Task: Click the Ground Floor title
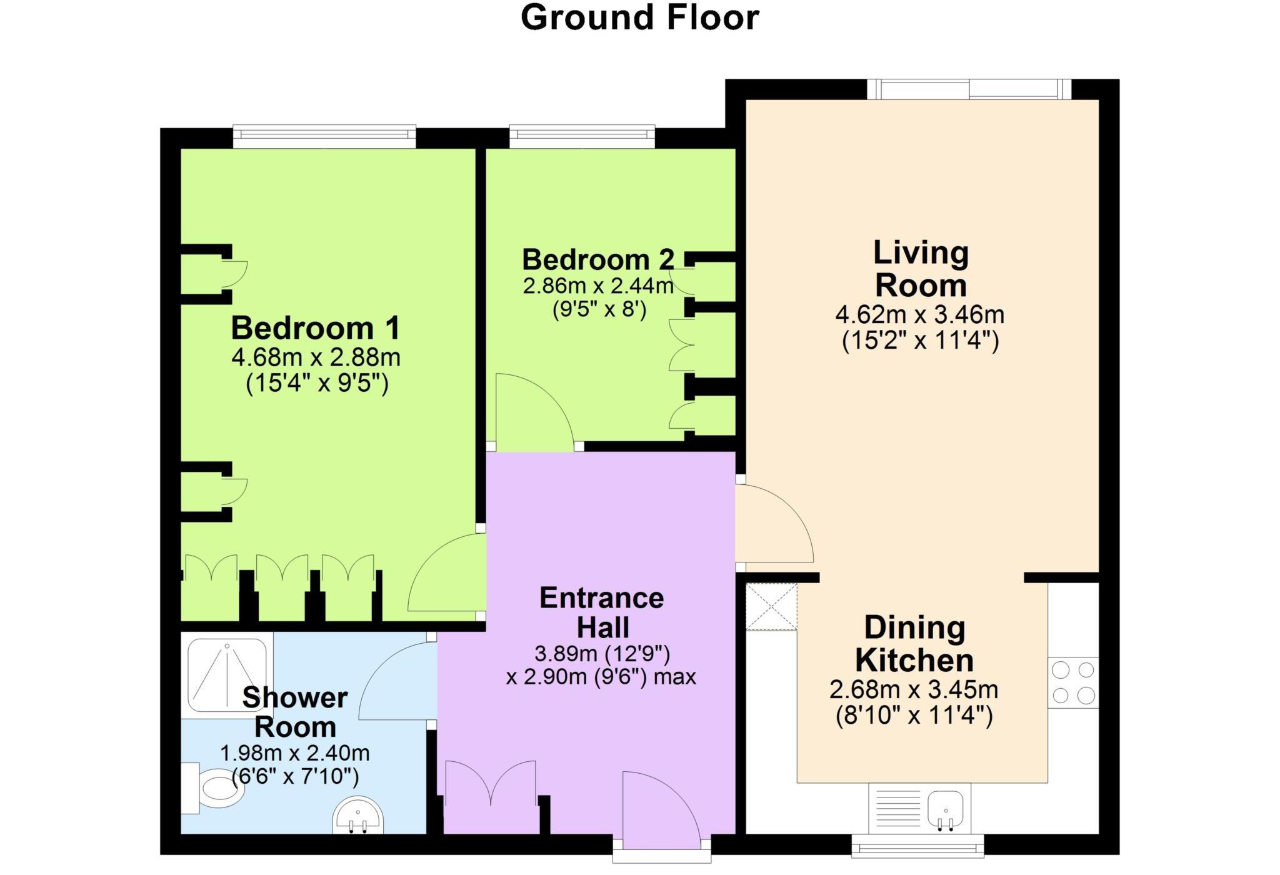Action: click(x=639, y=17)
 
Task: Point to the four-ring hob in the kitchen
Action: click(x=1073, y=682)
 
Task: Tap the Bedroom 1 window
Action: click(x=324, y=137)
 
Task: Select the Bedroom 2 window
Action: click(x=582, y=137)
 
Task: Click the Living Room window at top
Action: click(x=969, y=89)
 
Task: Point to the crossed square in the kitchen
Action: click(x=771, y=607)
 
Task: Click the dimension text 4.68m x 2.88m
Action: click(x=316, y=358)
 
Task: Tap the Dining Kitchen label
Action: click(x=914, y=644)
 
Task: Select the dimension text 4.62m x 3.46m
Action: click(x=920, y=314)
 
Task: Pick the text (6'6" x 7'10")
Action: click(x=295, y=777)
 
